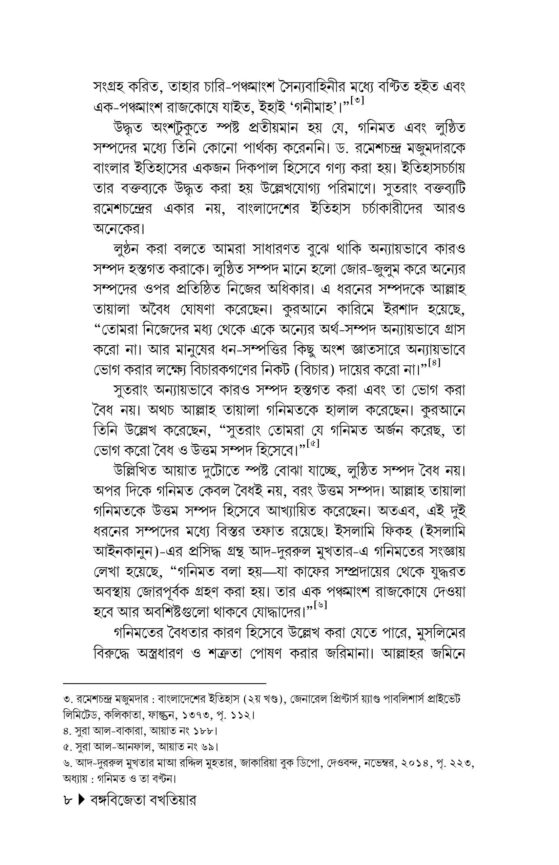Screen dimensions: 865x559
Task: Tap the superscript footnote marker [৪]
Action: pos(434,363)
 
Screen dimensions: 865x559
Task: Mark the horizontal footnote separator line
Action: pos(164,683)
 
